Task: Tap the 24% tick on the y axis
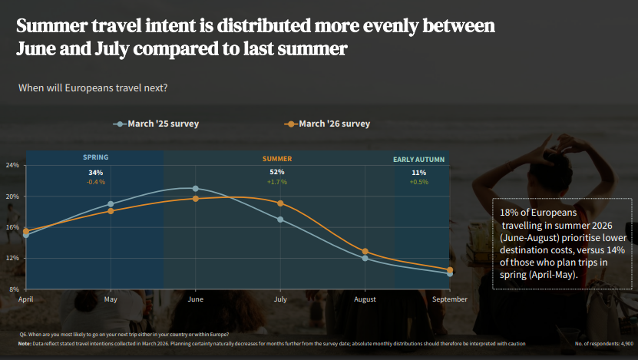pyautogui.click(x=12, y=165)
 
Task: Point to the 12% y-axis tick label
pyautogui.click(x=12, y=258)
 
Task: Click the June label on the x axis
pyautogui.click(x=195, y=299)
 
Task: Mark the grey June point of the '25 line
pyautogui.click(x=195, y=188)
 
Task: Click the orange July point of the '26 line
pyautogui.click(x=280, y=203)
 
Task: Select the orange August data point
pyautogui.click(x=365, y=252)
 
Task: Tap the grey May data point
pyautogui.click(x=111, y=204)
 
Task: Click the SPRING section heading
pyautogui.click(x=96, y=157)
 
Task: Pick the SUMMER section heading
pyautogui.click(x=277, y=159)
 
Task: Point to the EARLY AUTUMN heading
pyautogui.click(x=418, y=160)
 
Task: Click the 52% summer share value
pyautogui.click(x=277, y=172)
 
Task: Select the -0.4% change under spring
pyautogui.click(x=96, y=182)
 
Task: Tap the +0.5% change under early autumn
pyautogui.click(x=418, y=182)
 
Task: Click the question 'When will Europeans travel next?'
pyautogui.click(x=93, y=88)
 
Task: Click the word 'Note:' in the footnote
pyautogui.click(x=25, y=344)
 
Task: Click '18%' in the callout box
pyautogui.click(x=508, y=212)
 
